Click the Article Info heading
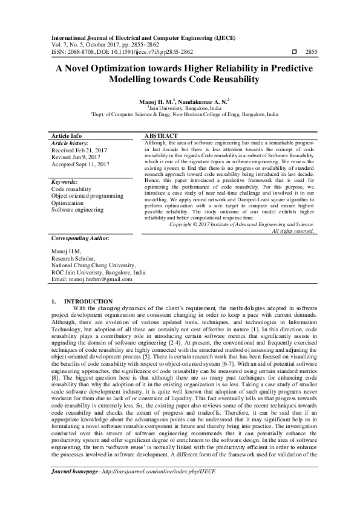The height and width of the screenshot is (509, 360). [67, 136]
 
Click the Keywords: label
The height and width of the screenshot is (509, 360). [64, 181]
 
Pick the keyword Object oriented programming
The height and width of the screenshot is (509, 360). [87, 196]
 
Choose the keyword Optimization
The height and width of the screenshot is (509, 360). [68, 203]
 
